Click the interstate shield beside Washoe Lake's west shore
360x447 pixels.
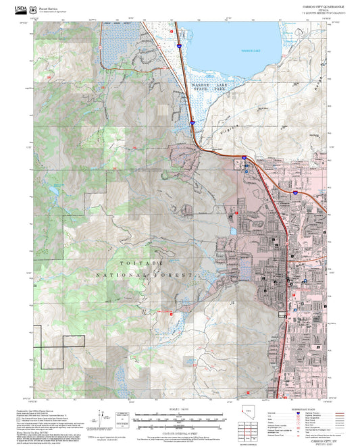tap(180, 46)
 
